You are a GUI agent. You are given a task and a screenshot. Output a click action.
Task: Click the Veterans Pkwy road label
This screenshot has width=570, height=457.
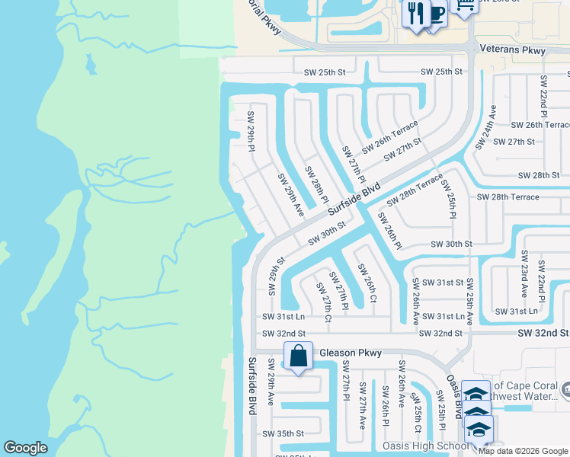513,50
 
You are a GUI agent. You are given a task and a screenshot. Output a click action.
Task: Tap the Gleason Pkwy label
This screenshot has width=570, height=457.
348,353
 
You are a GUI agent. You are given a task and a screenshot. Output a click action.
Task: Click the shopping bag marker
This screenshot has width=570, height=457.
298,356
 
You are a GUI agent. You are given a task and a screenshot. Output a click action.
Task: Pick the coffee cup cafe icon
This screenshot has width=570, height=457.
436,14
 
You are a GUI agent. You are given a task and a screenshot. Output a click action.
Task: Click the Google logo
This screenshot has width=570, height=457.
26,448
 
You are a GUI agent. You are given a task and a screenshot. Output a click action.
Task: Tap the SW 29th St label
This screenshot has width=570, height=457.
276,276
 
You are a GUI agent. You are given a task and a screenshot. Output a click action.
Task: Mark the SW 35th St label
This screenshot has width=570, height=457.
283,433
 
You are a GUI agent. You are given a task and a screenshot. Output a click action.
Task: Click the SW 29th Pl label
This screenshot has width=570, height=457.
251,131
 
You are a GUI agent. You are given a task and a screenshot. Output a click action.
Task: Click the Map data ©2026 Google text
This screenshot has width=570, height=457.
523,451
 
